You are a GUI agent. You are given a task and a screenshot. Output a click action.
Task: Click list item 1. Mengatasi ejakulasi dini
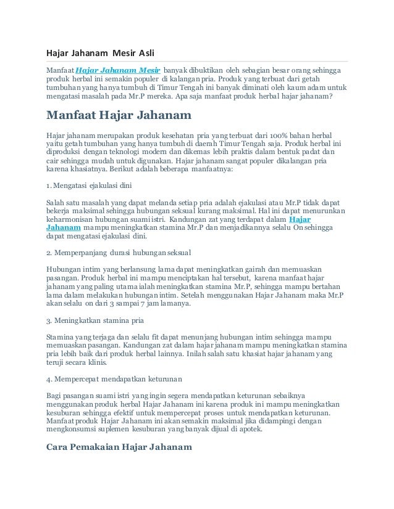(88, 185)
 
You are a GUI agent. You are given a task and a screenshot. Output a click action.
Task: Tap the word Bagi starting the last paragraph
(54, 394)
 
